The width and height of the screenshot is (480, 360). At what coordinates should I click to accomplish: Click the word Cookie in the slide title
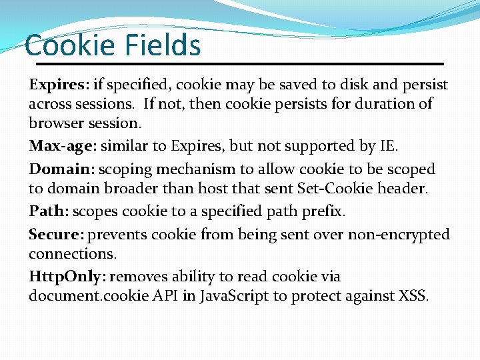pos(71,45)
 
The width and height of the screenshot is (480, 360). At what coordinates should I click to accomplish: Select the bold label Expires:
pos(59,85)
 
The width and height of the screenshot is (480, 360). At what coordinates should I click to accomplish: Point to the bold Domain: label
pos(60,169)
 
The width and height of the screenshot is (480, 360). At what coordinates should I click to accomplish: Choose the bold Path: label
pos(49,211)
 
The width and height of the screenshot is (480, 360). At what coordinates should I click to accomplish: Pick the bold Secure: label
pos(56,234)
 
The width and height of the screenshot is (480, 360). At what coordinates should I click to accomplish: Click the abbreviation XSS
pos(413,295)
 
